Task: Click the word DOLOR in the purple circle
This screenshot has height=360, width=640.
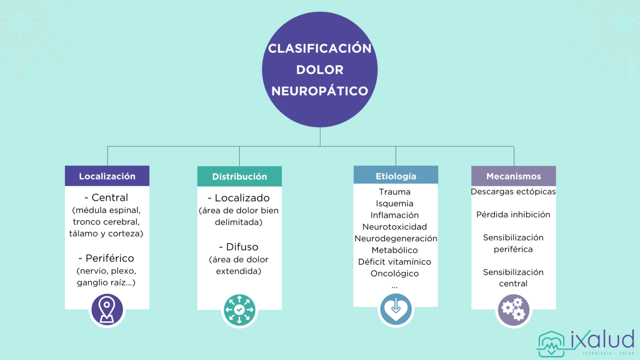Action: coord(320,70)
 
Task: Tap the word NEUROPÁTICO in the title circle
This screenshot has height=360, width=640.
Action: coord(320,91)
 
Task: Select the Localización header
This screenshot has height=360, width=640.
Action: coord(107,176)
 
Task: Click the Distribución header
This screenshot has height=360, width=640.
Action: coord(239,177)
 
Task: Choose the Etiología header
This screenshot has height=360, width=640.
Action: coord(395,176)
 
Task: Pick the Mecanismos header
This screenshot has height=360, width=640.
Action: coord(513,176)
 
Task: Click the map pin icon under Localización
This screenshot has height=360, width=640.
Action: coord(107,310)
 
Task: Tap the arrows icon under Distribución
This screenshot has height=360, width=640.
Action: coord(239,310)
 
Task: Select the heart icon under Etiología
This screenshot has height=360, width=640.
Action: coord(395,310)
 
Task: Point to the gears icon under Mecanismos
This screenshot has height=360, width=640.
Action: coord(513,310)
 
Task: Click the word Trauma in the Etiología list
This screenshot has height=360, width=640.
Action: coord(395,192)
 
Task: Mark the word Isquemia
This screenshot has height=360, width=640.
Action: coord(395,204)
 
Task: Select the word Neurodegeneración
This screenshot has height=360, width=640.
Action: coord(395,239)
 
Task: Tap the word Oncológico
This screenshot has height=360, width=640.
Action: coord(395,274)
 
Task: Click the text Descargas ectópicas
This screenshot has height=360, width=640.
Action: coord(513,192)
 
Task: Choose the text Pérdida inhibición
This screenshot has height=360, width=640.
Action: coord(513,215)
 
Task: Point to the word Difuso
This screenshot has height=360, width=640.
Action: coord(242,247)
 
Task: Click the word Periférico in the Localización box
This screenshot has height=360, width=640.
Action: coord(110,258)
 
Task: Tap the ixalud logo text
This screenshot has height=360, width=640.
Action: coord(602,340)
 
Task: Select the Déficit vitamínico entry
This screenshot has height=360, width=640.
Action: coord(395,262)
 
